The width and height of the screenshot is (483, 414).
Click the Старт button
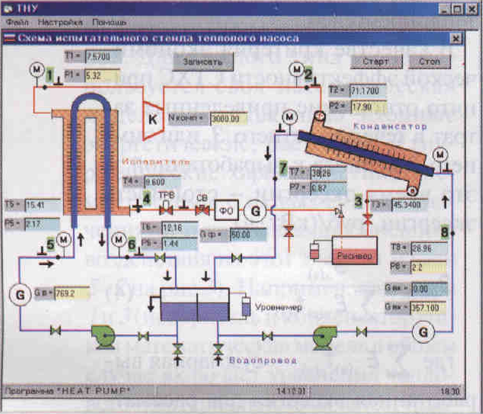(x=376, y=61)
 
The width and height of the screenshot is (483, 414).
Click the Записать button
(x=203, y=61)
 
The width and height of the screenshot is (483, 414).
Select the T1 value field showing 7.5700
(x=103, y=57)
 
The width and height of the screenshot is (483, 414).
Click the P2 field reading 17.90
(x=368, y=107)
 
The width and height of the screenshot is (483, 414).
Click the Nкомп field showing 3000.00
(x=229, y=119)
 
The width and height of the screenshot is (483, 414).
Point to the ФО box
(x=226, y=210)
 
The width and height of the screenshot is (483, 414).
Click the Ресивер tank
(x=354, y=250)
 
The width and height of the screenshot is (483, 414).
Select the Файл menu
(x=17, y=22)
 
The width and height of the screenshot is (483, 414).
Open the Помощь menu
(x=109, y=22)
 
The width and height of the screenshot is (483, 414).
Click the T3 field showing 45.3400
(x=409, y=205)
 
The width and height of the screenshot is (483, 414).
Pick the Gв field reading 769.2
(x=72, y=293)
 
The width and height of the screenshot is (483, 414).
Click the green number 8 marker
(x=445, y=232)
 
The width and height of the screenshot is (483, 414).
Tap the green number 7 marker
(x=283, y=168)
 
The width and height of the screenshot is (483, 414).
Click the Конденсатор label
(x=390, y=126)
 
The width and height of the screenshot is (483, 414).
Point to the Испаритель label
(x=156, y=162)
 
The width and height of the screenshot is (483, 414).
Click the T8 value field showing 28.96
(x=429, y=249)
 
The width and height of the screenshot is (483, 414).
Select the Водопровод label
(x=262, y=360)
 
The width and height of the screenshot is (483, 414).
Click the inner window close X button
(x=456, y=38)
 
